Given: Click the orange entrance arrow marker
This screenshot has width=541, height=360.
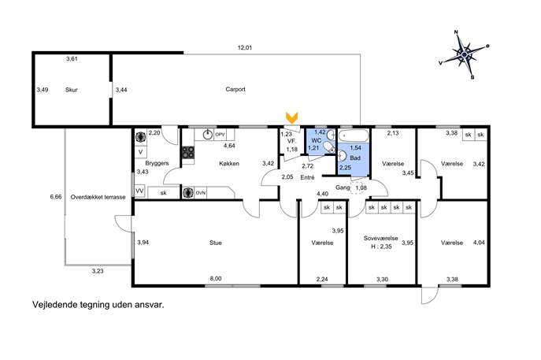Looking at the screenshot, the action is point(292,117).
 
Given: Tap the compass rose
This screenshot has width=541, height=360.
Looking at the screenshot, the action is point(465,54).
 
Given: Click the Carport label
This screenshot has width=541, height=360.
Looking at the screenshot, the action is point(235,89).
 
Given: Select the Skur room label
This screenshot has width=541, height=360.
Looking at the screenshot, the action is point(72,90).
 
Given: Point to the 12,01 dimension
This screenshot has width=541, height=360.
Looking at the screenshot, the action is point(245,47).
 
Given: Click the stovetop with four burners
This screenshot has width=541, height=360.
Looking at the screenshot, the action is point(188,152).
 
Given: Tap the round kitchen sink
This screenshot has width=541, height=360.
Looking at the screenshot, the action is point(207,135).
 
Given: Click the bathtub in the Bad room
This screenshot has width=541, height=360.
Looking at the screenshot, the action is point(354,135).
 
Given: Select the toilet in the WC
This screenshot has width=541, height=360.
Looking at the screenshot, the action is point(330,148).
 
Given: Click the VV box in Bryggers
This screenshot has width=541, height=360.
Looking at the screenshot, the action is point(139,191).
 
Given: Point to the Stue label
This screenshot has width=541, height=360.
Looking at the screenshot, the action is point(216,243).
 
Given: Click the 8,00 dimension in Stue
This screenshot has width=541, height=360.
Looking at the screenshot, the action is point(216,279).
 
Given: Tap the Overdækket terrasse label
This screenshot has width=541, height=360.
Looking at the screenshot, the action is point(98,197).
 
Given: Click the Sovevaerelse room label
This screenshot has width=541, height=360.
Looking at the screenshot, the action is point(380,238).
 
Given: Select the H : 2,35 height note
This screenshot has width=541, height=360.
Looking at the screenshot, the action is point(381,247).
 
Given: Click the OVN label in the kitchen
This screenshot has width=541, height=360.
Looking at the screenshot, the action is point(201,192).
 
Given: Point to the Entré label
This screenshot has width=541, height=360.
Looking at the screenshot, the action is point(307,177).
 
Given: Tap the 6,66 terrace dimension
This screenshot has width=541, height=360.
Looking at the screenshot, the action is point(56,197).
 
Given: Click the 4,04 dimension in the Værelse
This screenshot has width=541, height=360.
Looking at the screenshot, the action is point(479,243).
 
